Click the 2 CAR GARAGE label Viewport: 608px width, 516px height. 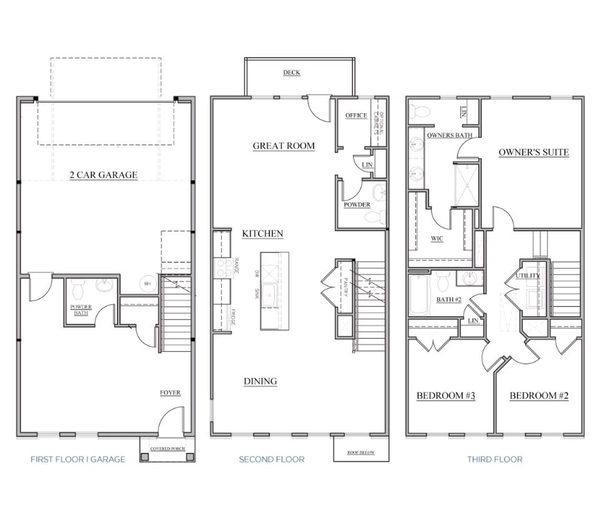coord(104,175)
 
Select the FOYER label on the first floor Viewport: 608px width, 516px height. coord(170,393)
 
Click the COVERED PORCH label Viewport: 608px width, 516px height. coord(167,449)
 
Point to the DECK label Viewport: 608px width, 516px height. coord(292,72)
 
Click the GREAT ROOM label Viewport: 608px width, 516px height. coord(284,146)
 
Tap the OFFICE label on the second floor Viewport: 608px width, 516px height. coord(356,115)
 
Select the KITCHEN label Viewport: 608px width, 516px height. coord(262,234)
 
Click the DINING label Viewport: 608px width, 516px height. coord(260,381)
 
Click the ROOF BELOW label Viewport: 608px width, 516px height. coord(361,452)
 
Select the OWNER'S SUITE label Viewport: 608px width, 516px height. coord(533,153)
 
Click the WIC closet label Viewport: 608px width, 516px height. coord(437,239)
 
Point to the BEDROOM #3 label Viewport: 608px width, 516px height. coord(446,396)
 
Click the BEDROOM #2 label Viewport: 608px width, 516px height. coord(539,396)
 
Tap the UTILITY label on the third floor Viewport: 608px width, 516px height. coord(528,276)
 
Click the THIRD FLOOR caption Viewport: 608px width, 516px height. coord(494,459)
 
